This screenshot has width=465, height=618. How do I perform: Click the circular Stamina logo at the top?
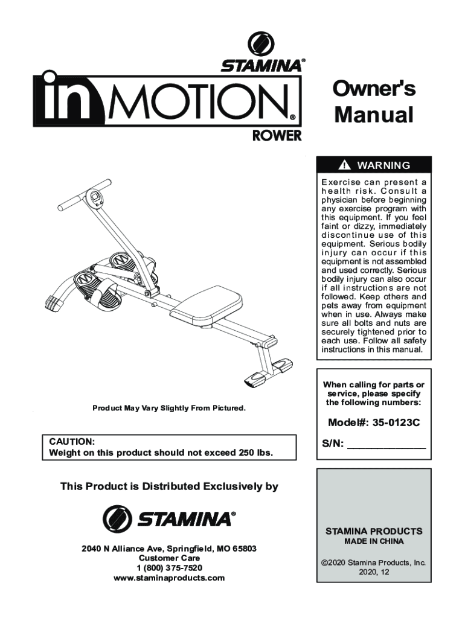[261, 45]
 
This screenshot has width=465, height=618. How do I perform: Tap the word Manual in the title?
[374, 114]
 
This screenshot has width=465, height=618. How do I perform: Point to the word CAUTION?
[71, 441]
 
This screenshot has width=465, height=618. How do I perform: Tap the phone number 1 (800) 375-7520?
[169, 568]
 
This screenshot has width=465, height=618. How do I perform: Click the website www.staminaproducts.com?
[169, 578]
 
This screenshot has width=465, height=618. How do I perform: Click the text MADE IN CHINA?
[374, 541]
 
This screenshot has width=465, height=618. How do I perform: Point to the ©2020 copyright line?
[374, 562]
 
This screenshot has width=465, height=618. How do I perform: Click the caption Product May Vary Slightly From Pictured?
[169, 409]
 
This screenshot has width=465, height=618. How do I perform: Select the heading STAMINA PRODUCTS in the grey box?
[374, 531]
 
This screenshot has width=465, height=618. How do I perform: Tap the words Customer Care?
[169, 558]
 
